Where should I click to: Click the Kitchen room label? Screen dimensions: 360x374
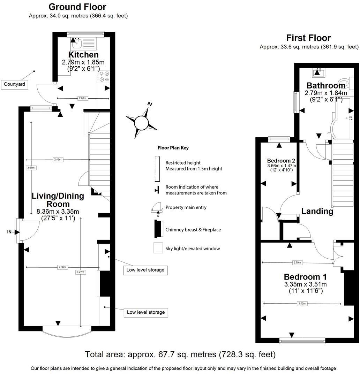coord(83,55)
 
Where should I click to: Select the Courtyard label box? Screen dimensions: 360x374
coord(15,84)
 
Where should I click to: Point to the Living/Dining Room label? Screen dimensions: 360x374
coord(58,200)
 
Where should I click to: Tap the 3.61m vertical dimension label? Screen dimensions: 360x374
coord(31,168)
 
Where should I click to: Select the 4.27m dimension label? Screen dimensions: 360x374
coord(81,272)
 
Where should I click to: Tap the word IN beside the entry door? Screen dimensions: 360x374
coord(9,231)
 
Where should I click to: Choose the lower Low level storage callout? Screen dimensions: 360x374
coord(146,312)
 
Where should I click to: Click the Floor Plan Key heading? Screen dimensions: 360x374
coord(173,148)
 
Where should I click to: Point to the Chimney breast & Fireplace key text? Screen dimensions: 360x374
coord(193,230)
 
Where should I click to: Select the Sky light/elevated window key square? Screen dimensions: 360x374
coord(158,248)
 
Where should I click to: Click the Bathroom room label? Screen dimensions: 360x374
coord(326,85)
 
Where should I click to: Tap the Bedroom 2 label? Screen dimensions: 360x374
coord(281,161)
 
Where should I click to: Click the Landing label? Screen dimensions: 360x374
coord(317,211)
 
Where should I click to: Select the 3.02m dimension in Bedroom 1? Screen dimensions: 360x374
coord(302,304)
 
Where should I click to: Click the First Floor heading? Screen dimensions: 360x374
coord(308,38)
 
